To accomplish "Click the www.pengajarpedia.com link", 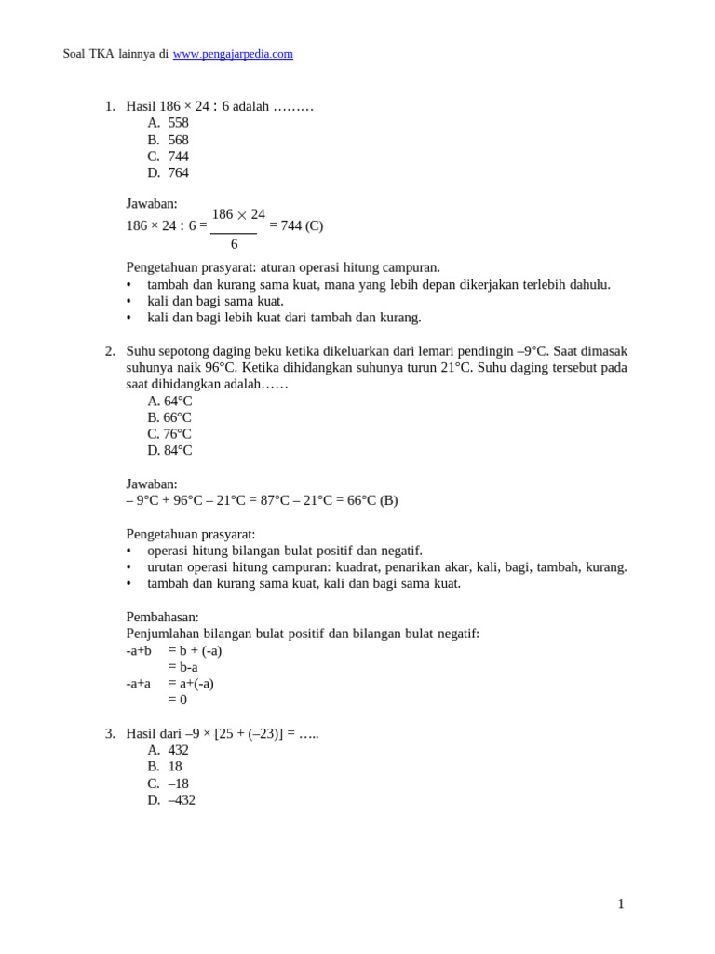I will tap(233, 54).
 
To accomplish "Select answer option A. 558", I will tap(169, 123).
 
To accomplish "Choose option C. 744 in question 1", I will tap(169, 157).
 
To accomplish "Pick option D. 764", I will tap(169, 173).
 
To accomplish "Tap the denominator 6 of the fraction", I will tap(234, 244).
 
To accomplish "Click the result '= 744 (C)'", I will tap(296, 225).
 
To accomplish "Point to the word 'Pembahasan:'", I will tap(162, 617).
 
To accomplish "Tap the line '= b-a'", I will tap(182, 667).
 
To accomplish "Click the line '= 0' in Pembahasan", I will tap(178, 700).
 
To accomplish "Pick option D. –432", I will tap(171, 800).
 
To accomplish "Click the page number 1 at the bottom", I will tap(621, 905).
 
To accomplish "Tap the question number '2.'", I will tap(110, 351).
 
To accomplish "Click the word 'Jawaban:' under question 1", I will tap(152, 203).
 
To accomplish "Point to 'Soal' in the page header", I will tap(74, 54).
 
